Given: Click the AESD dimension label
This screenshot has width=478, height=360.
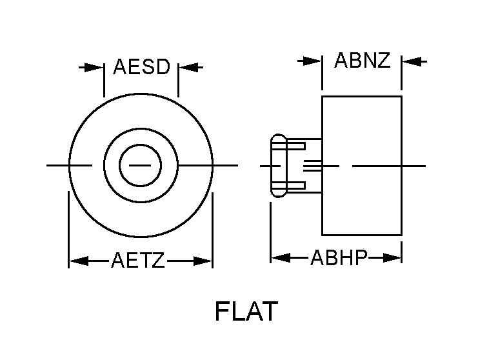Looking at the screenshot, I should [x=141, y=67].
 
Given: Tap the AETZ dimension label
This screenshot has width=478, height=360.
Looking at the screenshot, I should [x=138, y=261].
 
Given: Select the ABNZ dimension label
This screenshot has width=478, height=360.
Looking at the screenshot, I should [x=363, y=61].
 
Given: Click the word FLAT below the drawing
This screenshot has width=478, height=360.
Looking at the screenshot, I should [x=246, y=312].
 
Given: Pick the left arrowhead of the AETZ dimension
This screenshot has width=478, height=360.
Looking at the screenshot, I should [x=77, y=261].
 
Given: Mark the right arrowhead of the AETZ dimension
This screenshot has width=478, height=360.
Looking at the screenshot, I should [x=204, y=261].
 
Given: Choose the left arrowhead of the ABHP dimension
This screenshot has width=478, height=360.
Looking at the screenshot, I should [x=279, y=258].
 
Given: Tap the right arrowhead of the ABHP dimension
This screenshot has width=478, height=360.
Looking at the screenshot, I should [x=393, y=258].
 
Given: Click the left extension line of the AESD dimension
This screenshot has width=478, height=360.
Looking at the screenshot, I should [x=104, y=80].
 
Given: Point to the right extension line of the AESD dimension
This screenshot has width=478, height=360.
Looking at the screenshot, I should [x=179, y=80].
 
